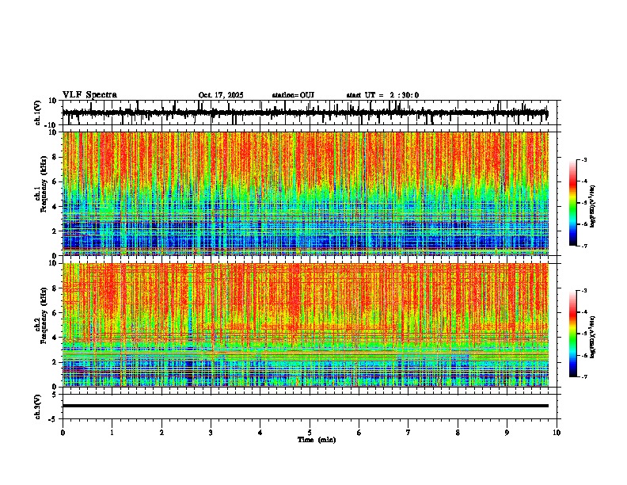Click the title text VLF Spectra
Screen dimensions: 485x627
(x=89, y=95)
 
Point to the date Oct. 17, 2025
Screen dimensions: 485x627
(x=221, y=95)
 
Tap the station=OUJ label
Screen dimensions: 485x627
(x=293, y=95)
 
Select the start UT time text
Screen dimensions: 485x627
(x=382, y=95)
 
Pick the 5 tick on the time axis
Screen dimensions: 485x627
(x=310, y=433)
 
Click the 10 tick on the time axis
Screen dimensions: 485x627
(x=557, y=433)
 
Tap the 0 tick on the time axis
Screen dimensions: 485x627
(x=63, y=433)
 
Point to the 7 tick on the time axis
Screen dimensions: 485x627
(x=408, y=433)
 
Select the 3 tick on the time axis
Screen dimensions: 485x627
(x=211, y=433)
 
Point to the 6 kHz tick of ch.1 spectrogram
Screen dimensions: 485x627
(x=55, y=181)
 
